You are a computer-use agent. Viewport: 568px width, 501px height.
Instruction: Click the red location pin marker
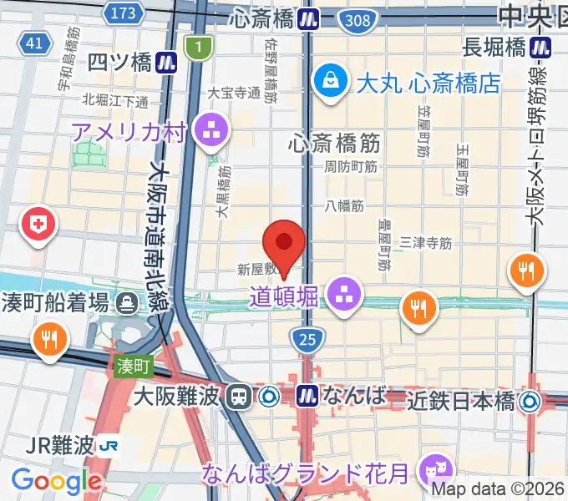pyautogui.click(x=283, y=243)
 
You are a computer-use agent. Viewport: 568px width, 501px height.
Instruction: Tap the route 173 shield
pyautogui.click(x=122, y=12)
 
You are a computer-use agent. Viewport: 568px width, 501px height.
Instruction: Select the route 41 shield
pyautogui.click(x=34, y=43)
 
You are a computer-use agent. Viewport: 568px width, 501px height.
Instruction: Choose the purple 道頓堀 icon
pyautogui.click(x=342, y=292)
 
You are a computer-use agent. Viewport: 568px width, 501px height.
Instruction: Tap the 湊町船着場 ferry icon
pyautogui.click(x=127, y=302)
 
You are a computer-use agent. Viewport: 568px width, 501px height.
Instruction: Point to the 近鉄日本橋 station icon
pyautogui.click(x=529, y=402)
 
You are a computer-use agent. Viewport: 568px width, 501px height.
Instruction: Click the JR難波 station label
pyautogui.click(x=61, y=445)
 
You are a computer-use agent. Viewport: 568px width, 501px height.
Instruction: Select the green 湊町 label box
pyautogui.click(x=133, y=365)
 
